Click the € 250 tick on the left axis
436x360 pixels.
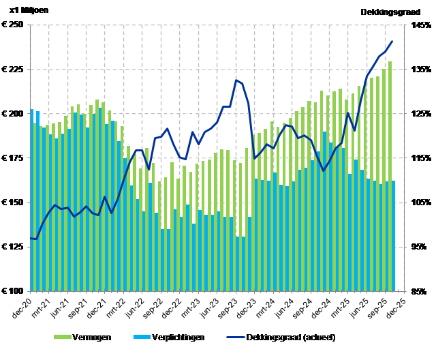(x=14, y=25)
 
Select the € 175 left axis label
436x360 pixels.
(x=14, y=158)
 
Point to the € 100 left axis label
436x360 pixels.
(x=14, y=291)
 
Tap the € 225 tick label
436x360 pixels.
(x=14, y=70)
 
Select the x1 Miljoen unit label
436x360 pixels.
(x=29, y=11)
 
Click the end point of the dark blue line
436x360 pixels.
(x=392, y=42)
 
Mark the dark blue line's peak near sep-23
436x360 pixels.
(x=236, y=80)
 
